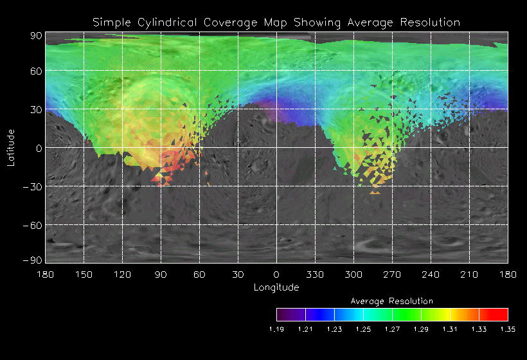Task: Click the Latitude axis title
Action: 11,147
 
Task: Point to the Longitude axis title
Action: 276,287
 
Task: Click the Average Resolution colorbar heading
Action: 392,301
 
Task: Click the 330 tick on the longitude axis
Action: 315,274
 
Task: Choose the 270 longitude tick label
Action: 392,274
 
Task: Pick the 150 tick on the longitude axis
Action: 84,274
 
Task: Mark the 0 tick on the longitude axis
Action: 276,274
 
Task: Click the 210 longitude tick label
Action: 469,274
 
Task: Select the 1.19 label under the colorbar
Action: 276,329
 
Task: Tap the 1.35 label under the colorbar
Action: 508,329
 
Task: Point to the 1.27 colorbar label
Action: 392,329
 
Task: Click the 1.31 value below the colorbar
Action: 450,329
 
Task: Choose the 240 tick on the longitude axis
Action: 431,274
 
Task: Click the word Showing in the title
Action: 317,22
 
